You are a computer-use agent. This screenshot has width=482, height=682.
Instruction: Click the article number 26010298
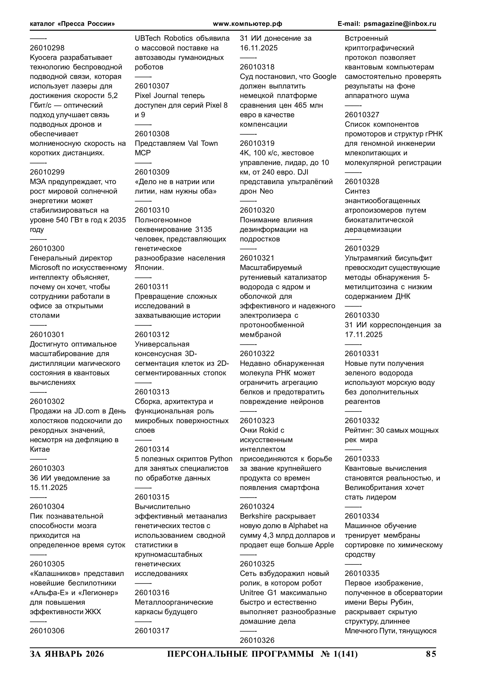click(x=47, y=48)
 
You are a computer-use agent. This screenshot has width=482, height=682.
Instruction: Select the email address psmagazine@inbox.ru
click(x=400, y=24)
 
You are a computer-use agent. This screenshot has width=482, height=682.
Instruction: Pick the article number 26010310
click(x=152, y=210)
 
